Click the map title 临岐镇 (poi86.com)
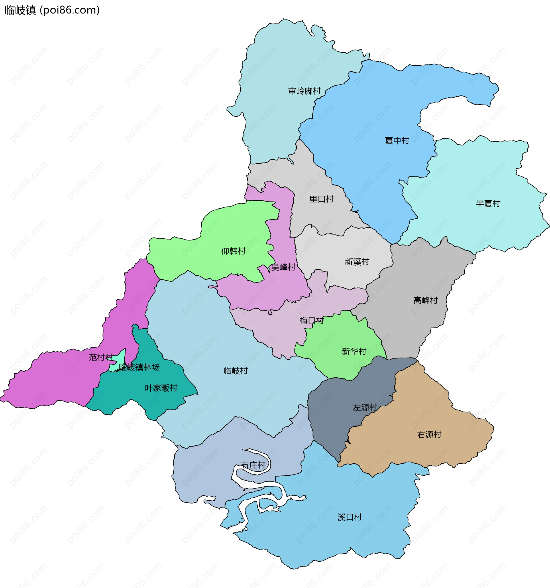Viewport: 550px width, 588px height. click(52, 10)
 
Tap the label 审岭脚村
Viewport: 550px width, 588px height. click(304, 91)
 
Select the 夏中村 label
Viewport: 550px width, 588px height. click(397, 141)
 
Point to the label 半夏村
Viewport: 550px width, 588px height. click(488, 204)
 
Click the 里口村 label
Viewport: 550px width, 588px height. click(321, 199)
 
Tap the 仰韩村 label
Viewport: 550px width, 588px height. click(233, 251)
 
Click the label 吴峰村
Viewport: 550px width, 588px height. click(283, 268)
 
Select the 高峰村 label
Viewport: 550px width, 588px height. click(425, 301)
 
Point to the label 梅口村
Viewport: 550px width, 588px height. click(311, 321)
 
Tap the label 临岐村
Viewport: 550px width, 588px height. click(235, 371)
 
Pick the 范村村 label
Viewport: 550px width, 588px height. click(101, 358)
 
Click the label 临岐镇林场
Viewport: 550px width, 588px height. click(139, 368)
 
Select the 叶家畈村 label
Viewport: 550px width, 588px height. click(161, 388)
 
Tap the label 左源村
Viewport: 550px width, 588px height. click(365, 407)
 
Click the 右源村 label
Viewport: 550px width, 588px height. click(429, 435)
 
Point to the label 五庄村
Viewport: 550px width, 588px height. click(253, 465)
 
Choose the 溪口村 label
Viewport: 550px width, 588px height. click(349, 517)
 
